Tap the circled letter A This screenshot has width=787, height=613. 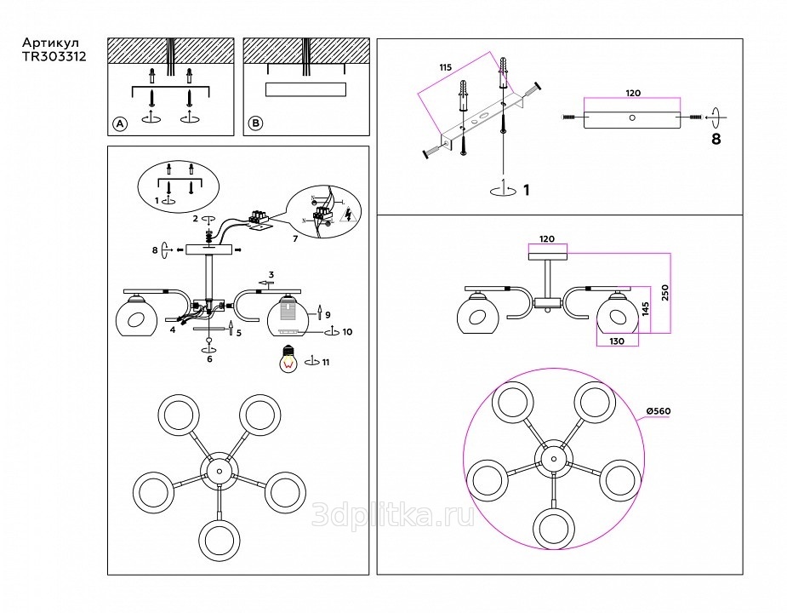pos(119,124)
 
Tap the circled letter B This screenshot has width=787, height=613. pos(255,124)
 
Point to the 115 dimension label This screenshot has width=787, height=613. pos(445,67)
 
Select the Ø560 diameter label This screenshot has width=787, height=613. pos(659,411)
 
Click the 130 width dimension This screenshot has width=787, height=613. pos(616,341)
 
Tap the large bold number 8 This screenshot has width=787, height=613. pos(716,139)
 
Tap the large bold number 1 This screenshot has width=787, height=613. pos(527,189)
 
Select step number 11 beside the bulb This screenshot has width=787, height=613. pos(327,363)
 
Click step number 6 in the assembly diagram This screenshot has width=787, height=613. pos(209,359)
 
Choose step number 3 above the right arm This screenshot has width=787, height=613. pos(271,275)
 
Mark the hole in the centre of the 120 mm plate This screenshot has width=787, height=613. pos(631,117)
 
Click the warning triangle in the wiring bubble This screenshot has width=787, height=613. pos(347,216)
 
